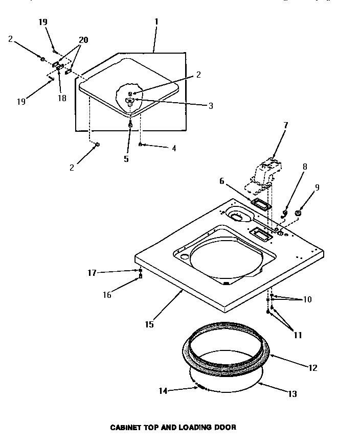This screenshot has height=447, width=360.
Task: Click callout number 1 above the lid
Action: (x=156, y=22)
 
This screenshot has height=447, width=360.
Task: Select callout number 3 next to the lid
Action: (x=210, y=106)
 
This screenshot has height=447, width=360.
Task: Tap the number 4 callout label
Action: (x=174, y=148)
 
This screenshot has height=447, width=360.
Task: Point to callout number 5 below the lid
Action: (x=126, y=159)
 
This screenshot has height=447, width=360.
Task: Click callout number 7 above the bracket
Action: (x=286, y=125)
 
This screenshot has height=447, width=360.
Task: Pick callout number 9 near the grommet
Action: (x=317, y=188)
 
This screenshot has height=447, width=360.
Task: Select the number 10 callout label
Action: (x=307, y=299)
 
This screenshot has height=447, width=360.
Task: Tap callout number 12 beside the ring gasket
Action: (x=312, y=367)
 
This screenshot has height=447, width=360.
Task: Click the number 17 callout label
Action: (x=93, y=273)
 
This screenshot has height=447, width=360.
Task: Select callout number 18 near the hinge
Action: (x=61, y=98)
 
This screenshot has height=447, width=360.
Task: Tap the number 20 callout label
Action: (x=83, y=39)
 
